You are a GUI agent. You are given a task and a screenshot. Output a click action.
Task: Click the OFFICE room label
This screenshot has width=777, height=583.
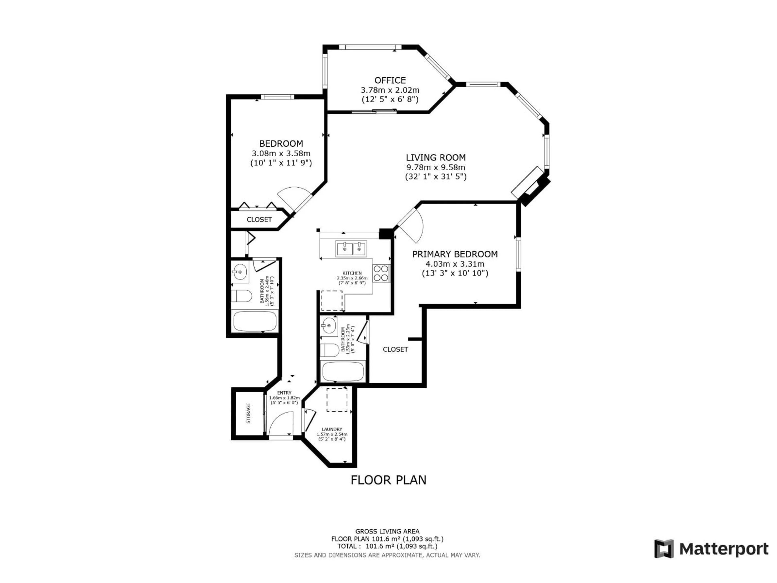click(x=390, y=80)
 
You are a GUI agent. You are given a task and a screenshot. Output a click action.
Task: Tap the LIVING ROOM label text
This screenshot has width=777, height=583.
click(x=436, y=157)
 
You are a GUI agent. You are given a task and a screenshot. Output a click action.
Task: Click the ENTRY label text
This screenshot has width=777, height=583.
click(x=284, y=393)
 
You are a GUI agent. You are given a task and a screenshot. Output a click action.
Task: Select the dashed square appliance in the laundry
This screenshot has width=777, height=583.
click(x=337, y=400)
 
